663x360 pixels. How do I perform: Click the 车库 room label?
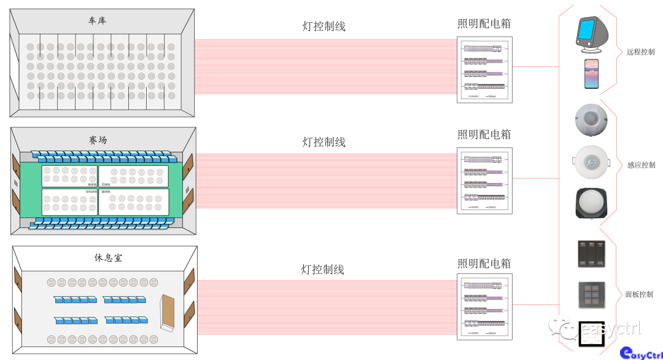pyautogui.click(x=97, y=21)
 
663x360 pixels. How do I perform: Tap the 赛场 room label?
pyautogui.click(x=97, y=140)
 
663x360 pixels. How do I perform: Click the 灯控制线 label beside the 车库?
pyautogui.click(x=324, y=26)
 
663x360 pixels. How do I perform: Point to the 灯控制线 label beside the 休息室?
pyautogui.click(x=323, y=270)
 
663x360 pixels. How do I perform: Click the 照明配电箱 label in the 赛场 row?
pyautogui.click(x=484, y=135)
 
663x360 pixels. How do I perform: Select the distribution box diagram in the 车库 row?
pyautogui.click(x=484, y=71)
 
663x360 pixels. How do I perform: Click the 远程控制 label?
pyautogui.click(x=640, y=52)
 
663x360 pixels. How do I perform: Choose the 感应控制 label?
pyautogui.click(x=641, y=165)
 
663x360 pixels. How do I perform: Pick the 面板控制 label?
pyautogui.click(x=639, y=294)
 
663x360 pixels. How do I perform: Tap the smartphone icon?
pyautogui.click(x=592, y=74)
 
